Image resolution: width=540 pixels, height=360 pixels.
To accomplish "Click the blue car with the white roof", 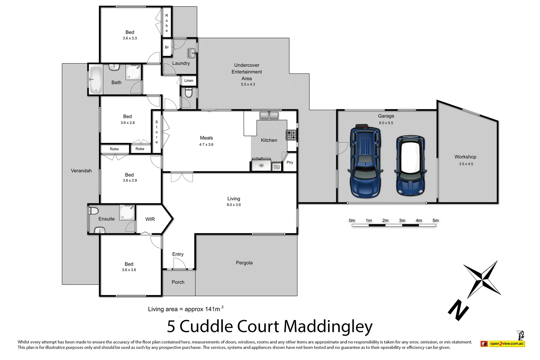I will click(410, 165).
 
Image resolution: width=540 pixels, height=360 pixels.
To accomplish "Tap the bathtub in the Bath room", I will click(96, 79).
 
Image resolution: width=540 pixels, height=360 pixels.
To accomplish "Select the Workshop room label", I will click(465, 157).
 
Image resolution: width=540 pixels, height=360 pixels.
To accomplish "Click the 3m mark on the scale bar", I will click(402, 221).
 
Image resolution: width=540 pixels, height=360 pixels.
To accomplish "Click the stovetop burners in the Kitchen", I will click(291, 135).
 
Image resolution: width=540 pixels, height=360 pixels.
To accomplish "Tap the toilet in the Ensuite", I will click(93, 211).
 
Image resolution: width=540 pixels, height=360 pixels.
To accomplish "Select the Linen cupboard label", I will click(189, 81).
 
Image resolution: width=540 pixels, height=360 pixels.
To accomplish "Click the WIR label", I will click(150, 219).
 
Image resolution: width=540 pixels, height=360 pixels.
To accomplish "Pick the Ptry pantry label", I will click(290, 163).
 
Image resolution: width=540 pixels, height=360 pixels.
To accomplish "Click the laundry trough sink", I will click(191, 53).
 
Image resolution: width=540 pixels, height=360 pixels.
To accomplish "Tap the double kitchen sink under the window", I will click(269, 115).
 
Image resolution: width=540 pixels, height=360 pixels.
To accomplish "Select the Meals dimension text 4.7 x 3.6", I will click(206, 145).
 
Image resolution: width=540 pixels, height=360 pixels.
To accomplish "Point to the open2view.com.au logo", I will click(503, 343).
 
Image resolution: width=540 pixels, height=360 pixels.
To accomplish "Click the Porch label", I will click(178, 282).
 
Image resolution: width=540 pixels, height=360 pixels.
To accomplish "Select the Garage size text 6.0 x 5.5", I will click(386, 123).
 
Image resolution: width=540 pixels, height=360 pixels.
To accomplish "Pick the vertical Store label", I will click(157, 132).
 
